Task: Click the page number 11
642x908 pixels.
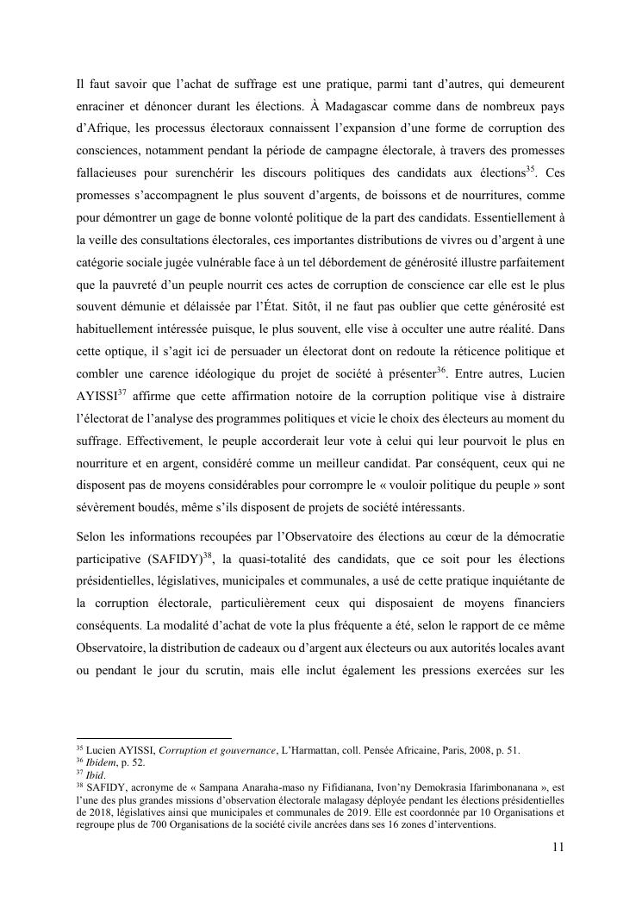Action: [558, 847]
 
